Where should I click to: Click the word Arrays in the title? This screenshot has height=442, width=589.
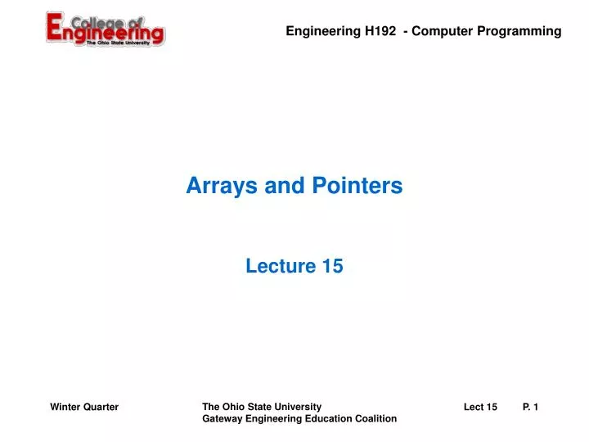pos(216,187)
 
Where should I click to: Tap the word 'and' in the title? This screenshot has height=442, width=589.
pos(281,187)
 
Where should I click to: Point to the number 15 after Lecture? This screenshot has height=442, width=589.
pos(332,266)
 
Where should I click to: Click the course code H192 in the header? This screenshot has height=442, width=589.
pos(381,31)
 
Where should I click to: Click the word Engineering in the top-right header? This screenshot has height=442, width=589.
pos(323,31)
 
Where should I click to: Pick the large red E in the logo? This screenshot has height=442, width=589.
pos(57,29)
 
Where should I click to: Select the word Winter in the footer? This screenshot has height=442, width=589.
pos(65,407)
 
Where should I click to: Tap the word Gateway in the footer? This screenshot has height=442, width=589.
pos(221,419)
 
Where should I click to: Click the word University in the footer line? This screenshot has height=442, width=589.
pos(299,407)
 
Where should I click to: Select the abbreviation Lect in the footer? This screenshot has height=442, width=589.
pos(474,407)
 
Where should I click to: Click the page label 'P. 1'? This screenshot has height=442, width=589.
pos(530,407)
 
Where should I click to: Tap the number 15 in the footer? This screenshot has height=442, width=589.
pos(492,407)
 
